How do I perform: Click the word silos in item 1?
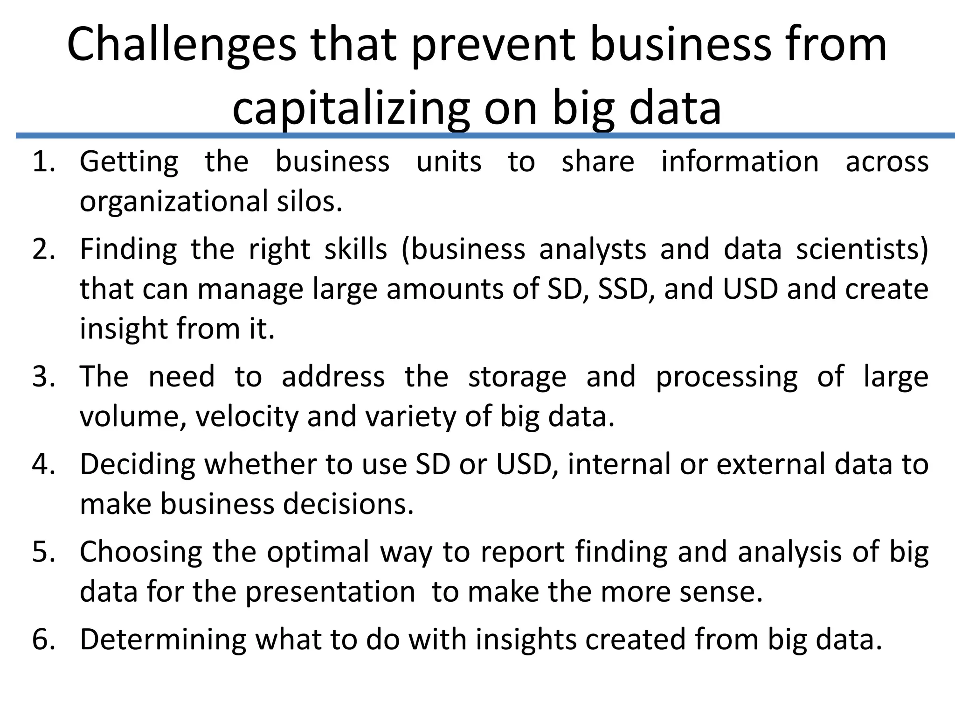tap(309, 202)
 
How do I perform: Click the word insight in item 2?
tap(123, 329)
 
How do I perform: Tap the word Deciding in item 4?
tap(137, 464)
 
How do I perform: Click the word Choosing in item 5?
tap(141, 552)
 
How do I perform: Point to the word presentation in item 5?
tap(330, 592)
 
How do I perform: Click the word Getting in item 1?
tap(129, 162)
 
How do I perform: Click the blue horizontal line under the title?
tap(485, 135)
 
